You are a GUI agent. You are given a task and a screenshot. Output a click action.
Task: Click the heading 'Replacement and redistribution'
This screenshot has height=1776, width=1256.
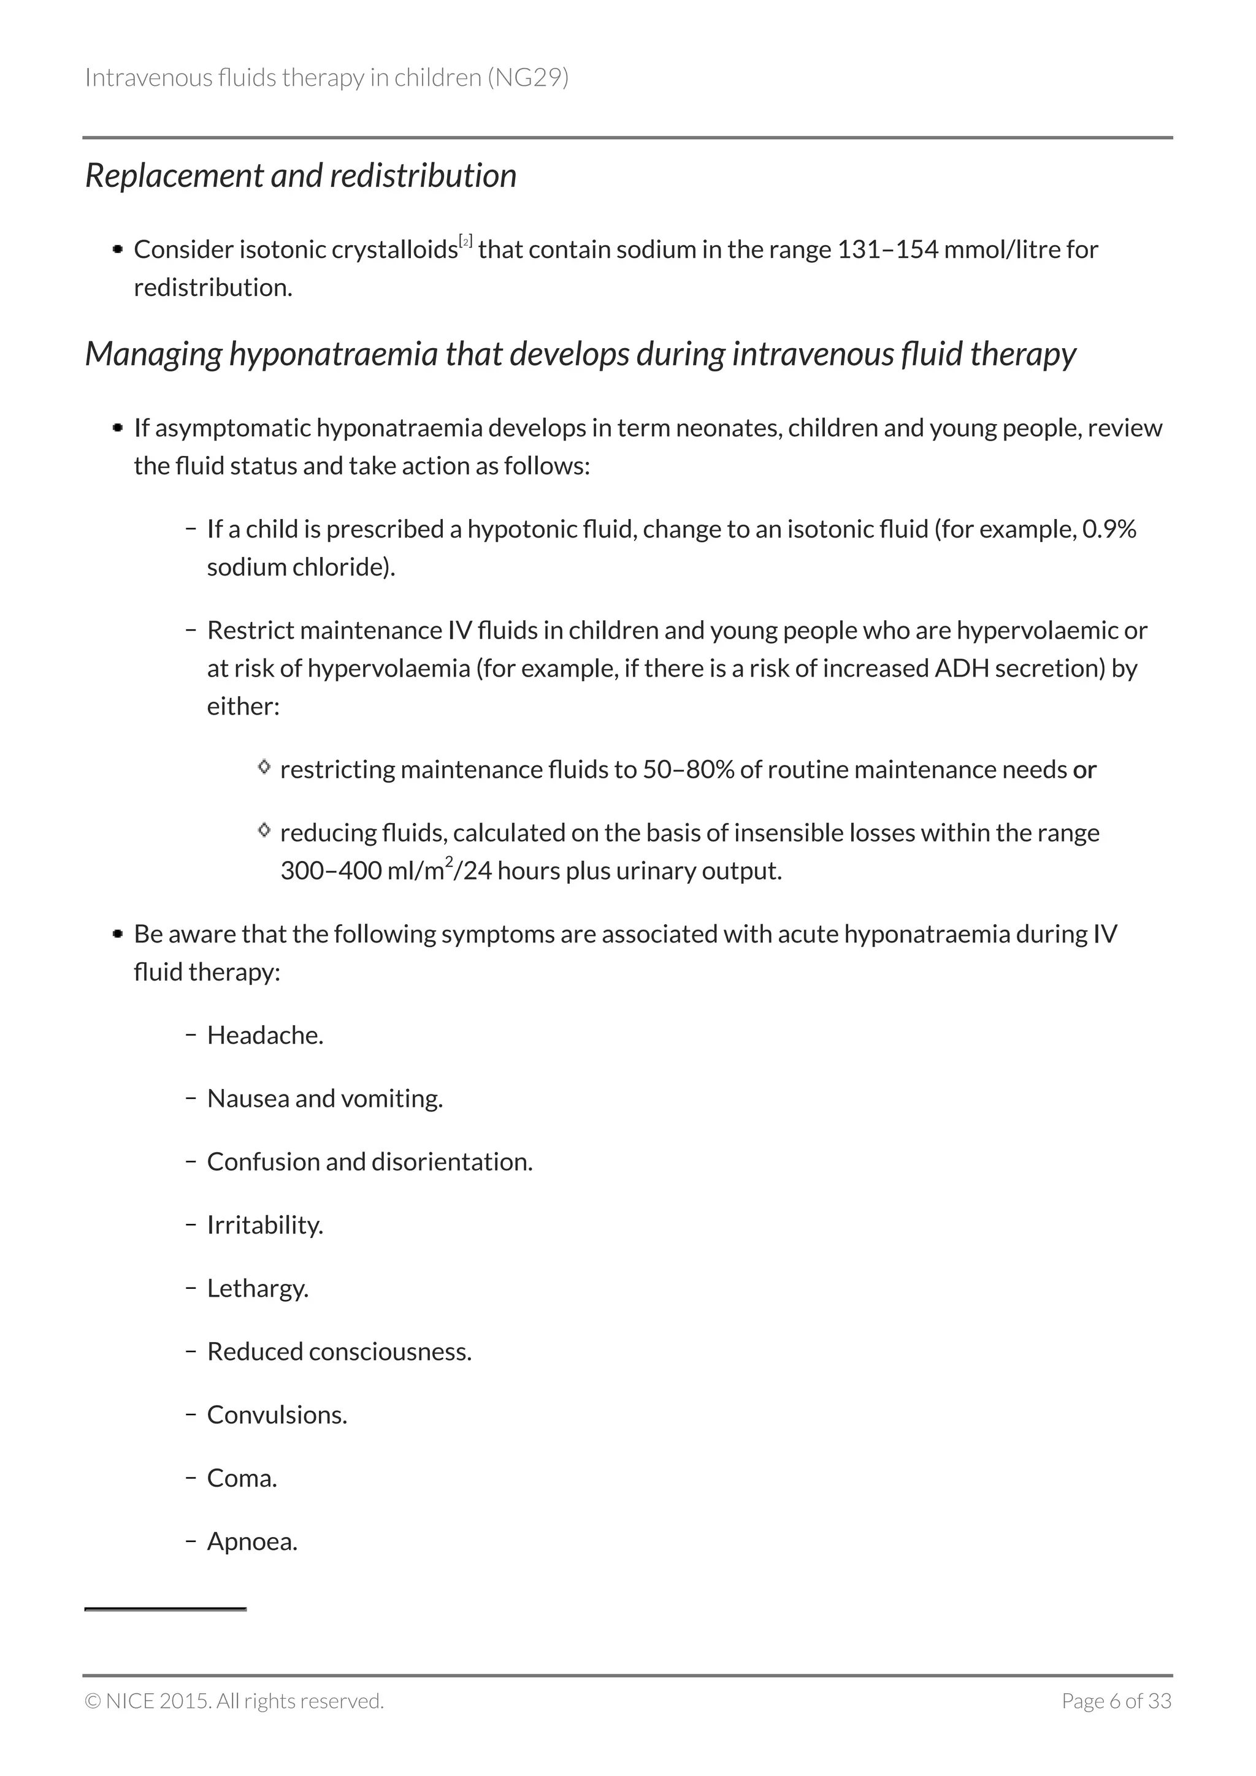(301, 176)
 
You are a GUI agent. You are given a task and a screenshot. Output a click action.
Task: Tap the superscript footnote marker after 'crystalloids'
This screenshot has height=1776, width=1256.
(466, 241)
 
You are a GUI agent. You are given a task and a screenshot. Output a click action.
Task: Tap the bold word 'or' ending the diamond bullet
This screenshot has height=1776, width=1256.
(1084, 770)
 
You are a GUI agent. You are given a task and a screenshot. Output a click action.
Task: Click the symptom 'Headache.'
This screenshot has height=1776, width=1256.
(265, 1035)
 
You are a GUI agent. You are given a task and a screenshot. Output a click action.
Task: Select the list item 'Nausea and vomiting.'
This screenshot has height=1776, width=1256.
(325, 1098)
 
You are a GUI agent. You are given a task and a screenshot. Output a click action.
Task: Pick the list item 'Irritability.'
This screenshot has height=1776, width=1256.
(265, 1225)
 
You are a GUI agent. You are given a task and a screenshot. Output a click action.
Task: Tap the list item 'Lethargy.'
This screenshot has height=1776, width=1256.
(258, 1289)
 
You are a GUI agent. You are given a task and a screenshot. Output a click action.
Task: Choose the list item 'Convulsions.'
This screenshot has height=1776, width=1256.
(277, 1415)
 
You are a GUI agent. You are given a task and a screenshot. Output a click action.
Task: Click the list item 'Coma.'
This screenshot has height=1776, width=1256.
(242, 1478)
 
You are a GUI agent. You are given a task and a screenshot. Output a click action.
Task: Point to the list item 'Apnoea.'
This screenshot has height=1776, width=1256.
(252, 1542)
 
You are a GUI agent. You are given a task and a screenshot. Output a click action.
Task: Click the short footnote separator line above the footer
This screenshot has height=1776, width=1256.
(165, 1609)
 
